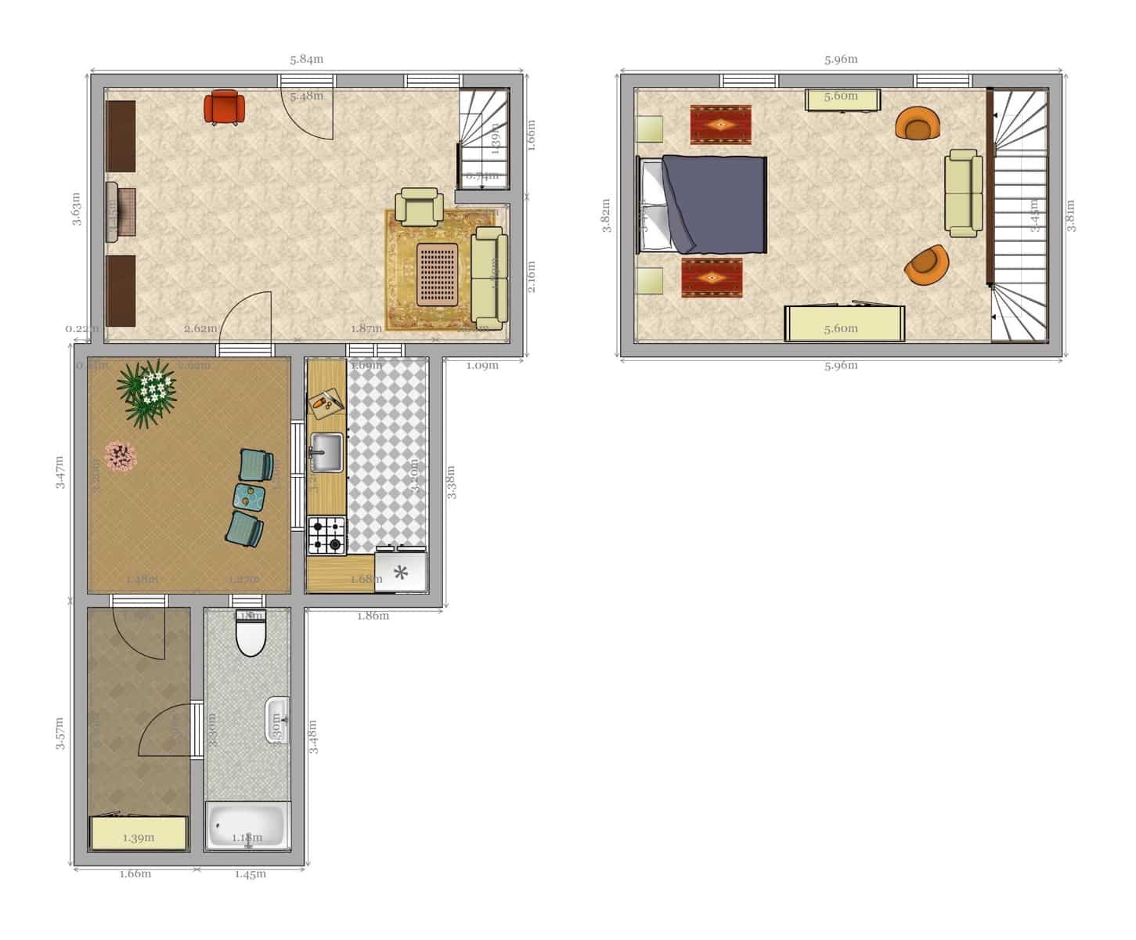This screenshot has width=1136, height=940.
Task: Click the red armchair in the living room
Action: [225, 107]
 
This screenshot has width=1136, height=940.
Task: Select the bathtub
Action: [247, 826]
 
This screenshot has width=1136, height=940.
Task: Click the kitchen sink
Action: [326, 453]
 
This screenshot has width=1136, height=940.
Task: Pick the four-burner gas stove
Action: [326, 535]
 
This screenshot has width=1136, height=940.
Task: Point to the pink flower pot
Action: [120, 455]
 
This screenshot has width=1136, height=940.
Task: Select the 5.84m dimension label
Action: [306, 60]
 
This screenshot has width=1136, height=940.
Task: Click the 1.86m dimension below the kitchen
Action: [373, 616]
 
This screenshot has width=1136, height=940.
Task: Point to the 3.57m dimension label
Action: [60, 733]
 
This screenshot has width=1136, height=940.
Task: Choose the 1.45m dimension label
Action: [251, 874]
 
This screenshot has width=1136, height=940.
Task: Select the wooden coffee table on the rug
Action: [438, 273]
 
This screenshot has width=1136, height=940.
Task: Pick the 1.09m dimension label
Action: [482, 365]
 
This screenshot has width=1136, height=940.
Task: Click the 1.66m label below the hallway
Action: [135, 874]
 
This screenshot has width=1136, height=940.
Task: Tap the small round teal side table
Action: [251, 496]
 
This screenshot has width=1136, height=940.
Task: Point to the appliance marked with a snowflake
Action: [401, 572]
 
